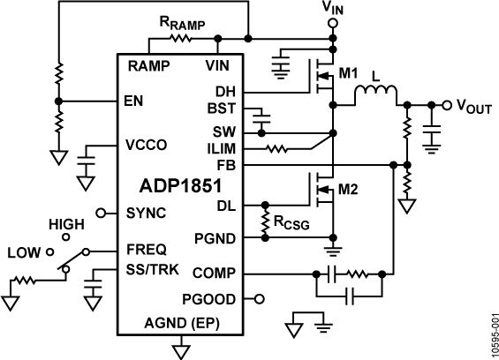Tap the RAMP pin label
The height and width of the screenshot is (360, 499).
coord(146,66)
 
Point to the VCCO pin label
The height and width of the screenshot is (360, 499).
coord(146,144)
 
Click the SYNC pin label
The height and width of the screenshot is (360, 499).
coord(145,213)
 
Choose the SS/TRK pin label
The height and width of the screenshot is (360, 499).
coord(152,267)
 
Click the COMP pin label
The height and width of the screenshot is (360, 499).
coord(215,274)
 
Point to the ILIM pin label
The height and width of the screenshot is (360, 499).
coord(223,146)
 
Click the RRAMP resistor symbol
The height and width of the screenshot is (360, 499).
coord(180,39)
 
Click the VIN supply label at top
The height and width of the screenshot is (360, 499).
coord(333,9)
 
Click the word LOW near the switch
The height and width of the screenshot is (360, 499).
coord(20,251)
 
